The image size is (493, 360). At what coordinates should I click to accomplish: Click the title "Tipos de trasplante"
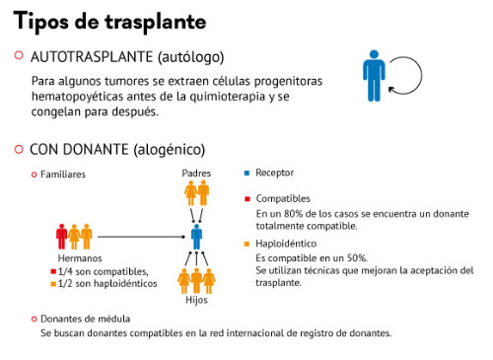pyautogui.click(x=109, y=22)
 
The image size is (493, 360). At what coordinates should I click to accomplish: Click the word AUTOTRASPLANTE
pyautogui.click(x=92, y=57)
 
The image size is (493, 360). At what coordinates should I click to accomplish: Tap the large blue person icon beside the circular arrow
pyautogui.click(x=374, y=76)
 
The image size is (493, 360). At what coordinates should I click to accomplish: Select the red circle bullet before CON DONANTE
pyautogui.click(x=19, y=149)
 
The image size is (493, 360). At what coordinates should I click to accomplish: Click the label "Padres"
pyautogui.click(x=196, y=173)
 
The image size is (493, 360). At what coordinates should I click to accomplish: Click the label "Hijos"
pyautogui.click(x=196, y=300)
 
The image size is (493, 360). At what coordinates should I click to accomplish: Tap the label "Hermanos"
pyautogui.click(x=80, y=258)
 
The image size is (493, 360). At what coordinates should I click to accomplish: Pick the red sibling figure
pyautogui.click(x=61, y=237)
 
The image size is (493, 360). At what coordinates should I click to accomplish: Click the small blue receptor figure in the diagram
pyautogui.click(x=196, y=237)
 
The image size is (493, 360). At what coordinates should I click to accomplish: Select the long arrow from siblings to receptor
pyautogui.click(x=142, y=237)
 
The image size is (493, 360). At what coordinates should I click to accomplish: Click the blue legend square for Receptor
pyautogui.click(x=246, y=173)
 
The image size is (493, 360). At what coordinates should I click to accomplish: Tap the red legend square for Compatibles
pyautogui.click(x=247, y=199)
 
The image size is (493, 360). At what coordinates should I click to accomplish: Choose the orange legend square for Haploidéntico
pyautogui.click(x=246, y=244)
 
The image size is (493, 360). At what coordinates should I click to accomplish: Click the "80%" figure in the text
pyautogui.click(x=293, y=214)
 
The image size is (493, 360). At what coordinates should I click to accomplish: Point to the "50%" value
pyautogui.click(x=357, y=258)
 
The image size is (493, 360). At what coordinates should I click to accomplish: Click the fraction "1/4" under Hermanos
pyautogui.click(x=65, y=271)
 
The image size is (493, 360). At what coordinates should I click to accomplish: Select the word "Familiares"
pyautogui.click(x=63, y=175)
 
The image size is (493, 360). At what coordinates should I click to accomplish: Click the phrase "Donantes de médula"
pyautogui.click(x=85, y=319)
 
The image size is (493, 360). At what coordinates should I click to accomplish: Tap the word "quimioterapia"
pyautogui.click(x=228, y=97)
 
